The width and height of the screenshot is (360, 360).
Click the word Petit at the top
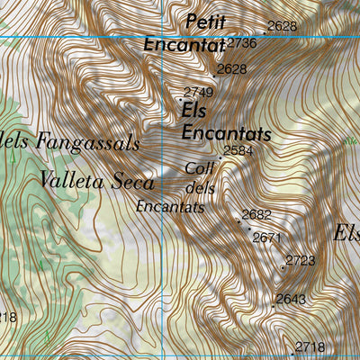pyautogui.click(x=204, y=20)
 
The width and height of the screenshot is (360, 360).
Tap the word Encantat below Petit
pyautogui.click(x=184, y=44)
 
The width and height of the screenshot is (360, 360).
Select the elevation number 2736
pyautogui.click(x=242, y=42)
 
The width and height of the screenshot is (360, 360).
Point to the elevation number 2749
pyautogui.click(x=198, y=92)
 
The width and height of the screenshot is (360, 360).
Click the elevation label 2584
pyautogui.click(x=238, y=150)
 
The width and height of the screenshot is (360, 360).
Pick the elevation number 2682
pyautogui.click(x=256, y=214)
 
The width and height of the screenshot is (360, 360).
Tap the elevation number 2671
pyautogui.click(x=268, y=238)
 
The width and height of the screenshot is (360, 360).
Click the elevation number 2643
pyautogui.click(x=291, y=299)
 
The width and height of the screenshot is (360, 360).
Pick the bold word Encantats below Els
pyautogui.click(x=226, y=133)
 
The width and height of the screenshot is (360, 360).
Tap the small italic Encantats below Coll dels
pyautogui.click(x=170, y=207)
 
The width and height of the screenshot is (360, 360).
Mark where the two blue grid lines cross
pyautogui.click(x=163, y=36)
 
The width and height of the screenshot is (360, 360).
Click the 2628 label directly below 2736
pyautogui.click(x=232, y=68)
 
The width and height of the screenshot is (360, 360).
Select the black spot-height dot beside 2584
pyautogui.click(x=220, y=158)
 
